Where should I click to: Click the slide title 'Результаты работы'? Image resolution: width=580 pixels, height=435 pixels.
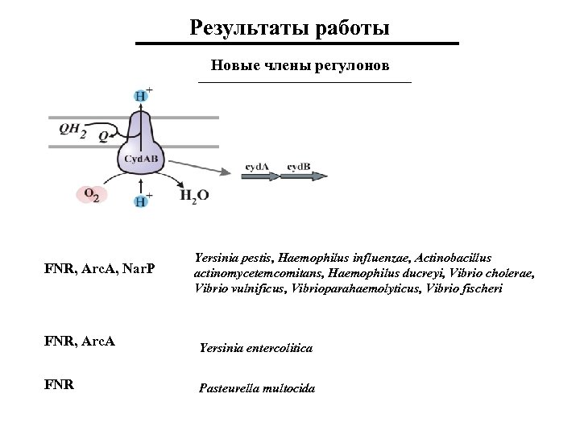click(x=290, y=28)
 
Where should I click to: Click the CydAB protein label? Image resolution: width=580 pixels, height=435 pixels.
click(x=141, y=159)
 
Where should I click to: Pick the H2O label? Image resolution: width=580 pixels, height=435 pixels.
click(x=194, y=194)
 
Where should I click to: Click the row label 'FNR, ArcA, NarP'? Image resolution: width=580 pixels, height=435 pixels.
click(x=101, y=267)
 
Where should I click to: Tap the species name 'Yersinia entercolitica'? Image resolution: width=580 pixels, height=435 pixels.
click(x=255, y=349)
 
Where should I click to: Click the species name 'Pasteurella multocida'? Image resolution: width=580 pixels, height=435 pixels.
click(x=257, y=388)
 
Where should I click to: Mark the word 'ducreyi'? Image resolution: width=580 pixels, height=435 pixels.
click(x=392, y=274)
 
